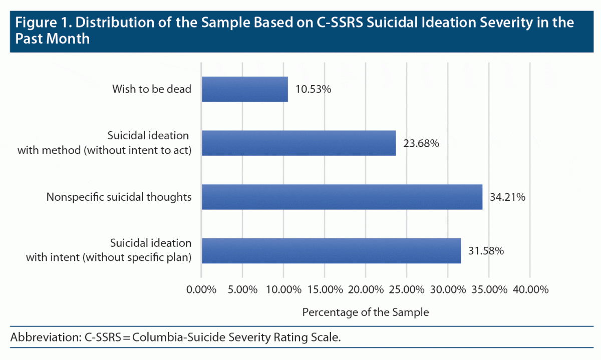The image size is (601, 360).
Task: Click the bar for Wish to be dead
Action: pyautogui.click(x=245, y=89)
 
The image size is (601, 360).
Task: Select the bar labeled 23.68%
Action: pyautogui.click(x=298, y=143)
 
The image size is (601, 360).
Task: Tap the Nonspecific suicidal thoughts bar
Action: pyautogui.click(x=342, y=197)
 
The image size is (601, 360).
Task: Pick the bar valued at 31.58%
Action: pyautogui.click(x=331, y=250)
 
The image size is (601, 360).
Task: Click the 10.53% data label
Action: pyautogui.click(x=314, y=90)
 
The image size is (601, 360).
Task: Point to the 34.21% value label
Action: pyautogui.click(x=507, y=197)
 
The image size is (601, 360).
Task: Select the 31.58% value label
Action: pyautogui.click(x=486, y=251)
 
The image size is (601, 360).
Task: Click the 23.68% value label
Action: pyautogui.click(x=421, y=144)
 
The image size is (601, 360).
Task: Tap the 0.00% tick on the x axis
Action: pyautogui.click(x=201, y=289)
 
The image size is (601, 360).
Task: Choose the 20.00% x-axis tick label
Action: pyautogui.click(x=365, y=289)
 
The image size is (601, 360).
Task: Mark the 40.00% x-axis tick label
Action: pyautogui.click(x=530, y=289)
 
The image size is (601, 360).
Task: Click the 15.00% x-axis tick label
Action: pyautogui.click(x=324, y=289)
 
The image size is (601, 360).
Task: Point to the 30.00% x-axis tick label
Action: pyautogui.click(x=447, y=289)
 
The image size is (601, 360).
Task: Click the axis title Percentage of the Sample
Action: pyautogui.click(x=365, y=312)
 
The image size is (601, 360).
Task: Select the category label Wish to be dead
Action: pyautogui.click(x=152, y=90)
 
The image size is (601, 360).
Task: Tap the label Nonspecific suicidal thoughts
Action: pyautogui.click(x=119, y=197)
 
